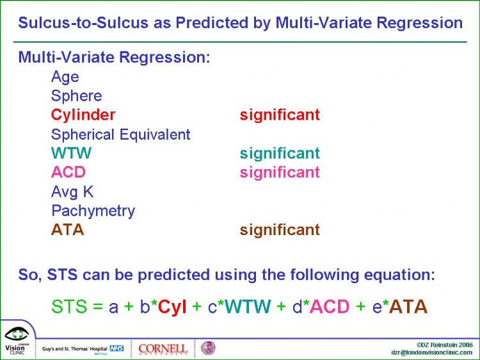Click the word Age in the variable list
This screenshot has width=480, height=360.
point(65,77)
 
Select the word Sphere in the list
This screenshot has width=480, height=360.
point(77,96)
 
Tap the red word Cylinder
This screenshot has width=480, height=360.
point(83,115)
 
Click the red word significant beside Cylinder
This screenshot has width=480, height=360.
point(280,115)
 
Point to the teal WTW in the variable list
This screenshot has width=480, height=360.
point(71,153)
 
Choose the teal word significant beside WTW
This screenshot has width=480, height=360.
point(280,154)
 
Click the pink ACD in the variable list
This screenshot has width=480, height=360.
point(68,172)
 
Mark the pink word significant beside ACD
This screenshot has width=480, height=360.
point(280,172)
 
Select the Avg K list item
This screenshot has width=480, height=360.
point(72,192)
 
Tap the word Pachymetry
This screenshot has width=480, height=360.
point(93,211)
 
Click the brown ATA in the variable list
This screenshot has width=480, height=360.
point(68,229)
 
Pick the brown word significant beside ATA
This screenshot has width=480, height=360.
point(280,230)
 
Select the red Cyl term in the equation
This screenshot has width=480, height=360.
point(172,307)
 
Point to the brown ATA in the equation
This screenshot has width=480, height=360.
point(410,306)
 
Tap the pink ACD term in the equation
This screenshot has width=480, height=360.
point(330,306)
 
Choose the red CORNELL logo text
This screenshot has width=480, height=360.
point(163,348)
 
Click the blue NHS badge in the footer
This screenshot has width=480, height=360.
point(116,348)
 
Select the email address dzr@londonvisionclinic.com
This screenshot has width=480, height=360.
point(431,353)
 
